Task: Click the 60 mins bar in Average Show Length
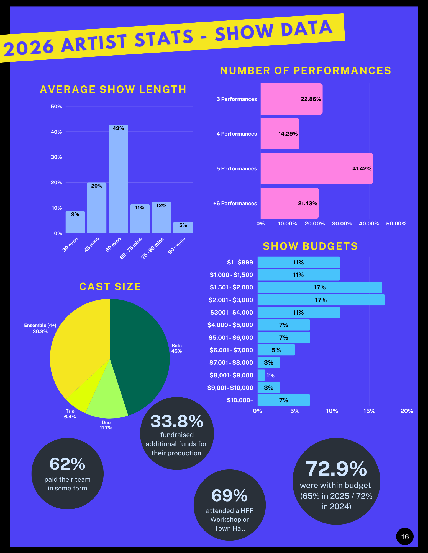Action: (118, 179)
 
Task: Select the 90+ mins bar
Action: (183, 227)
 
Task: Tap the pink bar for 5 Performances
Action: (317, 168)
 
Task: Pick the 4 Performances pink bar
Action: (280, 134)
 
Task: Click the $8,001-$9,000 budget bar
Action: (261, 375)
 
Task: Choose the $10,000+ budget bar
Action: (284, 400)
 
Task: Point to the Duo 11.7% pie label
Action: (106, 425)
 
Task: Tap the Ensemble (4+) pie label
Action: (40, 328)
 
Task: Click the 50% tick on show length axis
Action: (56, 107)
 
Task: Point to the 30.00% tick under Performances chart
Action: (342, 224)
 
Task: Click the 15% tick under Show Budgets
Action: (369, 411)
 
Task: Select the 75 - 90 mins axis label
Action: (152, 248)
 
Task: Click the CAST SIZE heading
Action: (110, 287)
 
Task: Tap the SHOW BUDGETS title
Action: (310, 246)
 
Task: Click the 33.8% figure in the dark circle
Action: (177, 421)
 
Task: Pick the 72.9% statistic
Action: (336, 469)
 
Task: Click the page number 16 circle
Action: (405, 537)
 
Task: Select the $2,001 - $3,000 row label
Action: (231, 300)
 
